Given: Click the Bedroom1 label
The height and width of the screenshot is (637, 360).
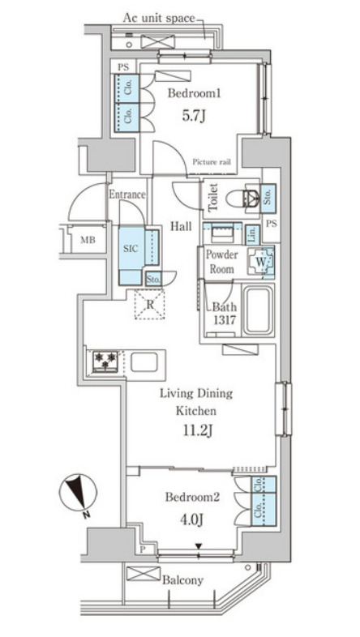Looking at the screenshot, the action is [x=195, y=94].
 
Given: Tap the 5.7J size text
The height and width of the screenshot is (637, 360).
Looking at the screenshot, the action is [x=193, y=117].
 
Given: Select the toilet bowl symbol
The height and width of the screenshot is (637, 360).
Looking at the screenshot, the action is [x=242, y=199].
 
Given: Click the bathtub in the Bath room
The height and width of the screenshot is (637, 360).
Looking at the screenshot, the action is [x=257, y=310].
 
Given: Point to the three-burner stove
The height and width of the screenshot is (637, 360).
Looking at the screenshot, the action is [x=105, y=361].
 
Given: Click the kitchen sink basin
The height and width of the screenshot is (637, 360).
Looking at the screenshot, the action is [x=144, y=361].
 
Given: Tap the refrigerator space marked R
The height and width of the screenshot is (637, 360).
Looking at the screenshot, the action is [x=149, y=304].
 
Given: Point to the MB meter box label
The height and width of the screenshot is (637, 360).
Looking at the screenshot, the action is [x=88, y=240].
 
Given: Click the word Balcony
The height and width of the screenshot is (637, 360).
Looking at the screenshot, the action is [x=182, y=580].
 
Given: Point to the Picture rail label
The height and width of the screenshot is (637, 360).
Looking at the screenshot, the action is [x=212, y=162].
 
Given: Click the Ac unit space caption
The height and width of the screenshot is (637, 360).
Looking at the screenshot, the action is [x=159, y=19].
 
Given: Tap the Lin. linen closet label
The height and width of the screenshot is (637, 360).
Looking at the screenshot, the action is [x=252, y=234].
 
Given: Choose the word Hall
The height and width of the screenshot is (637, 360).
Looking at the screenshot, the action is [x=181, y=226].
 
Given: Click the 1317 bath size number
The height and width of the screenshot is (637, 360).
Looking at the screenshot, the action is [x=224, y=321].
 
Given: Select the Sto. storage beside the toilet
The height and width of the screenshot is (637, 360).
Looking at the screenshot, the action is [x=268, y=199].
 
